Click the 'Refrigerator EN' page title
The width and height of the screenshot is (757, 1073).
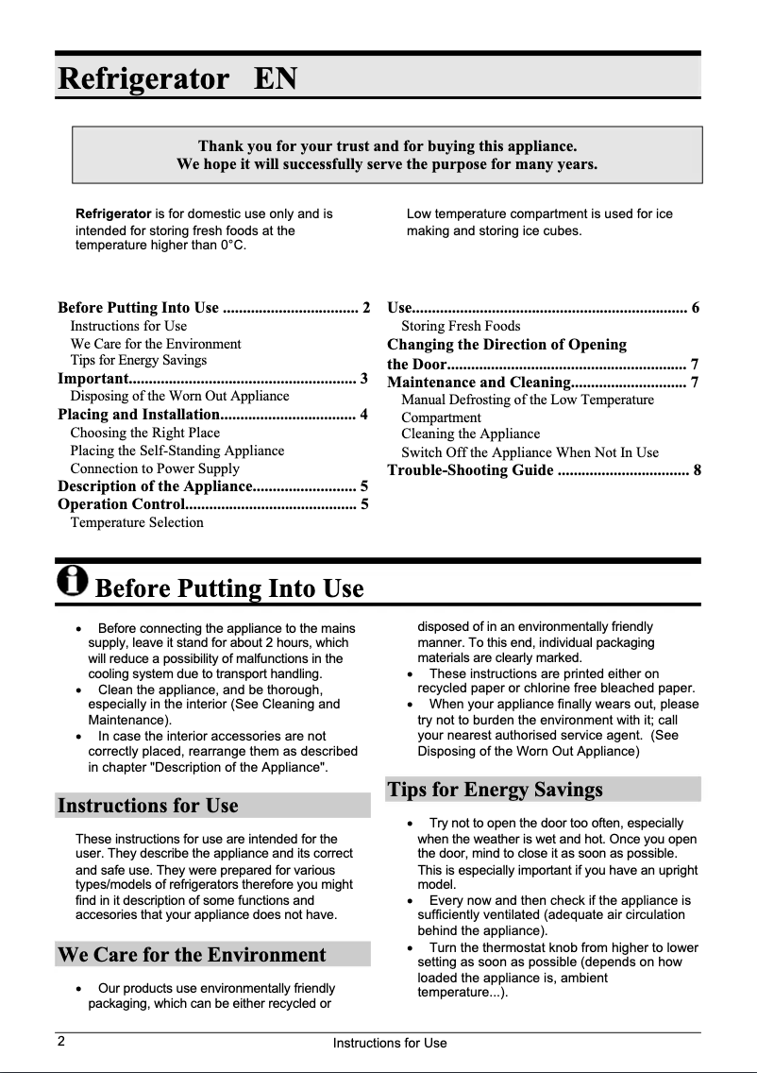coord(177,77)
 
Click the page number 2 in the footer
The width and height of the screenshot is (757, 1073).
coord(60,1042)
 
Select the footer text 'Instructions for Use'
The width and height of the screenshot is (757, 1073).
coord(389,1043)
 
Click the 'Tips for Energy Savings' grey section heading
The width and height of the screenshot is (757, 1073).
coord(495,789)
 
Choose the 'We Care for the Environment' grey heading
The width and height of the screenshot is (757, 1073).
coord(192,954)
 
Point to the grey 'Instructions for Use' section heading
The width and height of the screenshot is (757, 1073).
coord(148,806)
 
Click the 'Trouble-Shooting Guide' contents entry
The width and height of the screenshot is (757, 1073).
coord(470,469)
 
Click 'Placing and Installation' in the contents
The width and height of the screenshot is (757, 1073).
coord(138,415)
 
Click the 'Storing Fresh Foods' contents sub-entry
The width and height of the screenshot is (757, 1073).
coord(461,326)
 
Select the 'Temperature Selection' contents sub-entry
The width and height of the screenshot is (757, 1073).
coord(137,522)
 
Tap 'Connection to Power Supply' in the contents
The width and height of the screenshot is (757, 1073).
coord(155,468)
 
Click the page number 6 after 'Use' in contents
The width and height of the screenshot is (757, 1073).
coord(696,308)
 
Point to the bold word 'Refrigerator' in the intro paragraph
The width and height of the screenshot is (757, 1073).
coord(113,214)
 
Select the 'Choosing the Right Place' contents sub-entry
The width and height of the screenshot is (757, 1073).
coord(144,433)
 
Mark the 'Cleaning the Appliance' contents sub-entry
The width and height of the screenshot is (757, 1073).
coord(470,434)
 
